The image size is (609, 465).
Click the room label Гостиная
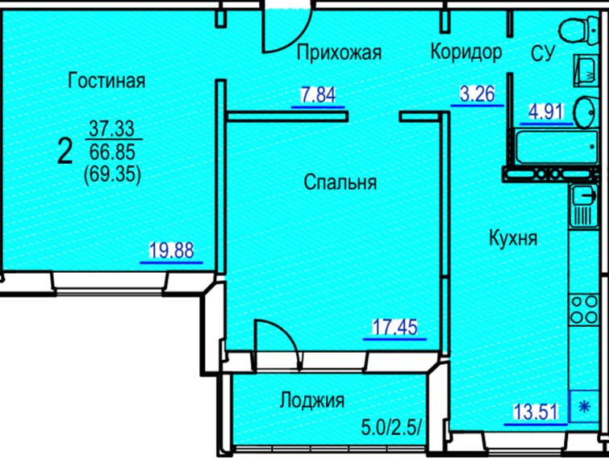pos(106,81)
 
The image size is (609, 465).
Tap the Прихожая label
pos(339,52)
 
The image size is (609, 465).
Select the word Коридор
pos(466,52)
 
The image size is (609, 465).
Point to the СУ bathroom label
pos(543,53)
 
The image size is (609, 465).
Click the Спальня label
pos(340,182)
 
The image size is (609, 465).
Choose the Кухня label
pos(513,238)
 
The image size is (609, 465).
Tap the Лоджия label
pos(312,400)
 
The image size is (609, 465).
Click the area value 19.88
pos(172,251)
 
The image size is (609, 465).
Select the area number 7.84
pos(318,95)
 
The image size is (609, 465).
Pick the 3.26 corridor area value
pos(478,94)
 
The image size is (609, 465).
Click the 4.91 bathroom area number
pos(546,112)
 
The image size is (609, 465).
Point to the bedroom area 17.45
pos(394,327)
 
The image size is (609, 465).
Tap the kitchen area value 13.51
pos(536,413)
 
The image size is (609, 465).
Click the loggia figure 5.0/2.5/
pos(391,428)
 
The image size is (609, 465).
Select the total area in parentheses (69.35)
pos(112,174)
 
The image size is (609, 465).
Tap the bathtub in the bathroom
pos(557,147)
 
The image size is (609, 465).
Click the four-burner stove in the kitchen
pos(583,309)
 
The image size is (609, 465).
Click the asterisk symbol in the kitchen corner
pos(585,407)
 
